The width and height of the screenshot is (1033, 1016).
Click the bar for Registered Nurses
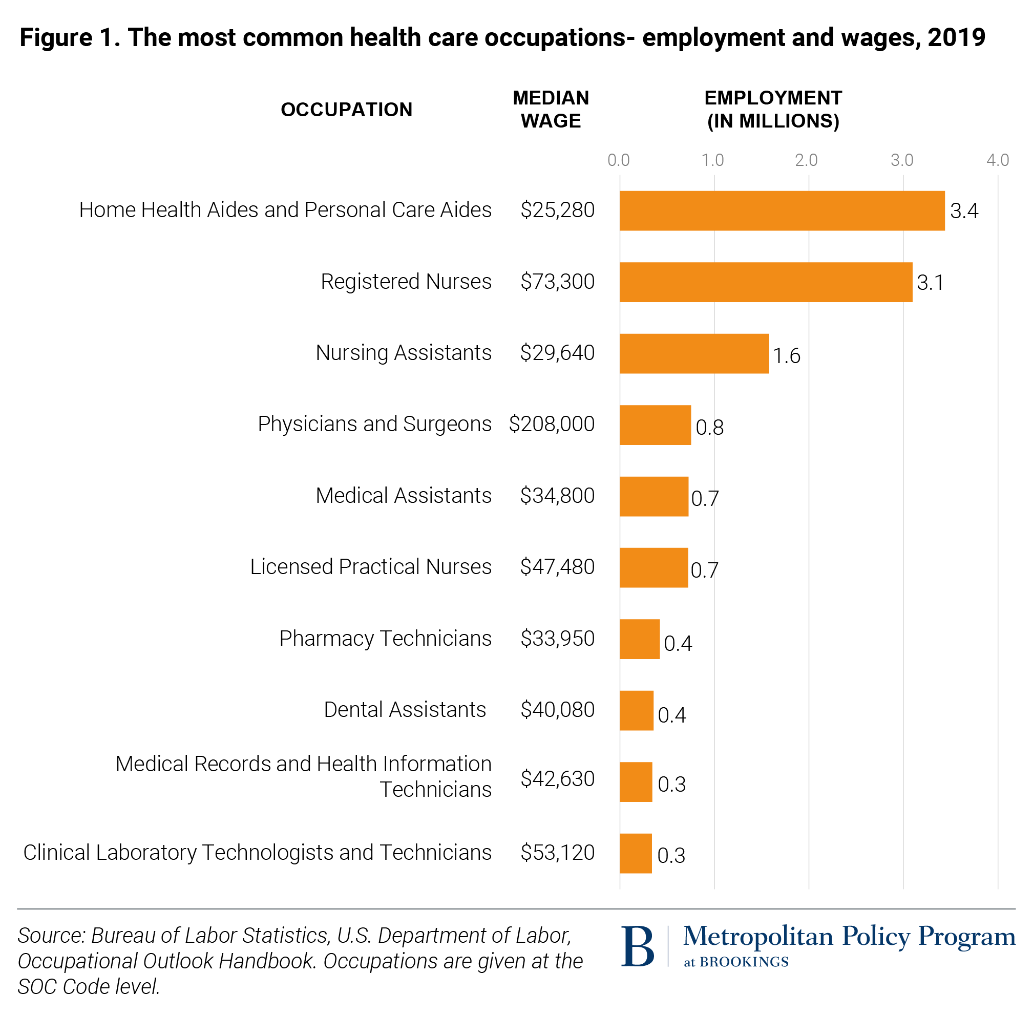click(765, 282)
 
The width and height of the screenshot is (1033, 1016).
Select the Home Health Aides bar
click(782, 211)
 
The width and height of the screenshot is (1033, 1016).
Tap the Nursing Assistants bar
click(693, 353)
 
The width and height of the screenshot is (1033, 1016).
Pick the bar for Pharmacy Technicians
click(639, 639)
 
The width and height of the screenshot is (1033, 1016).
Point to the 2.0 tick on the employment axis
click(806, 160)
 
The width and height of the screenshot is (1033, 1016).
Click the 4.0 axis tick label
click(997, 160)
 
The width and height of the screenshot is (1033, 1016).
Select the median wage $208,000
click(551, 424)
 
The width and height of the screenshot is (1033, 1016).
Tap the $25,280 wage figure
click(557, 210)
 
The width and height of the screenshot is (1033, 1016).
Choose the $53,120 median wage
click(557, 852)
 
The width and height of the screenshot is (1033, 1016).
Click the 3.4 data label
click(964, 211)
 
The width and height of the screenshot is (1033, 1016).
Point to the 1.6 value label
click(787, 356)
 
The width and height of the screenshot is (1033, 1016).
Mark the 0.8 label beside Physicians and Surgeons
click(709, 428)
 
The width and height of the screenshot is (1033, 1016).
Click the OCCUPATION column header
click(346, 110)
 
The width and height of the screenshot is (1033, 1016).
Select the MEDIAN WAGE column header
click(551, 110)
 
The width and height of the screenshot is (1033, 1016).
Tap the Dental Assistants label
click(405, 710)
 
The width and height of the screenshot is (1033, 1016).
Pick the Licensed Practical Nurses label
click(370, 567)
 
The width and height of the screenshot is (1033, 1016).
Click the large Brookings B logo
click(638, 947)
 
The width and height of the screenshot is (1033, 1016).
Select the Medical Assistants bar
click(653, 496)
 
